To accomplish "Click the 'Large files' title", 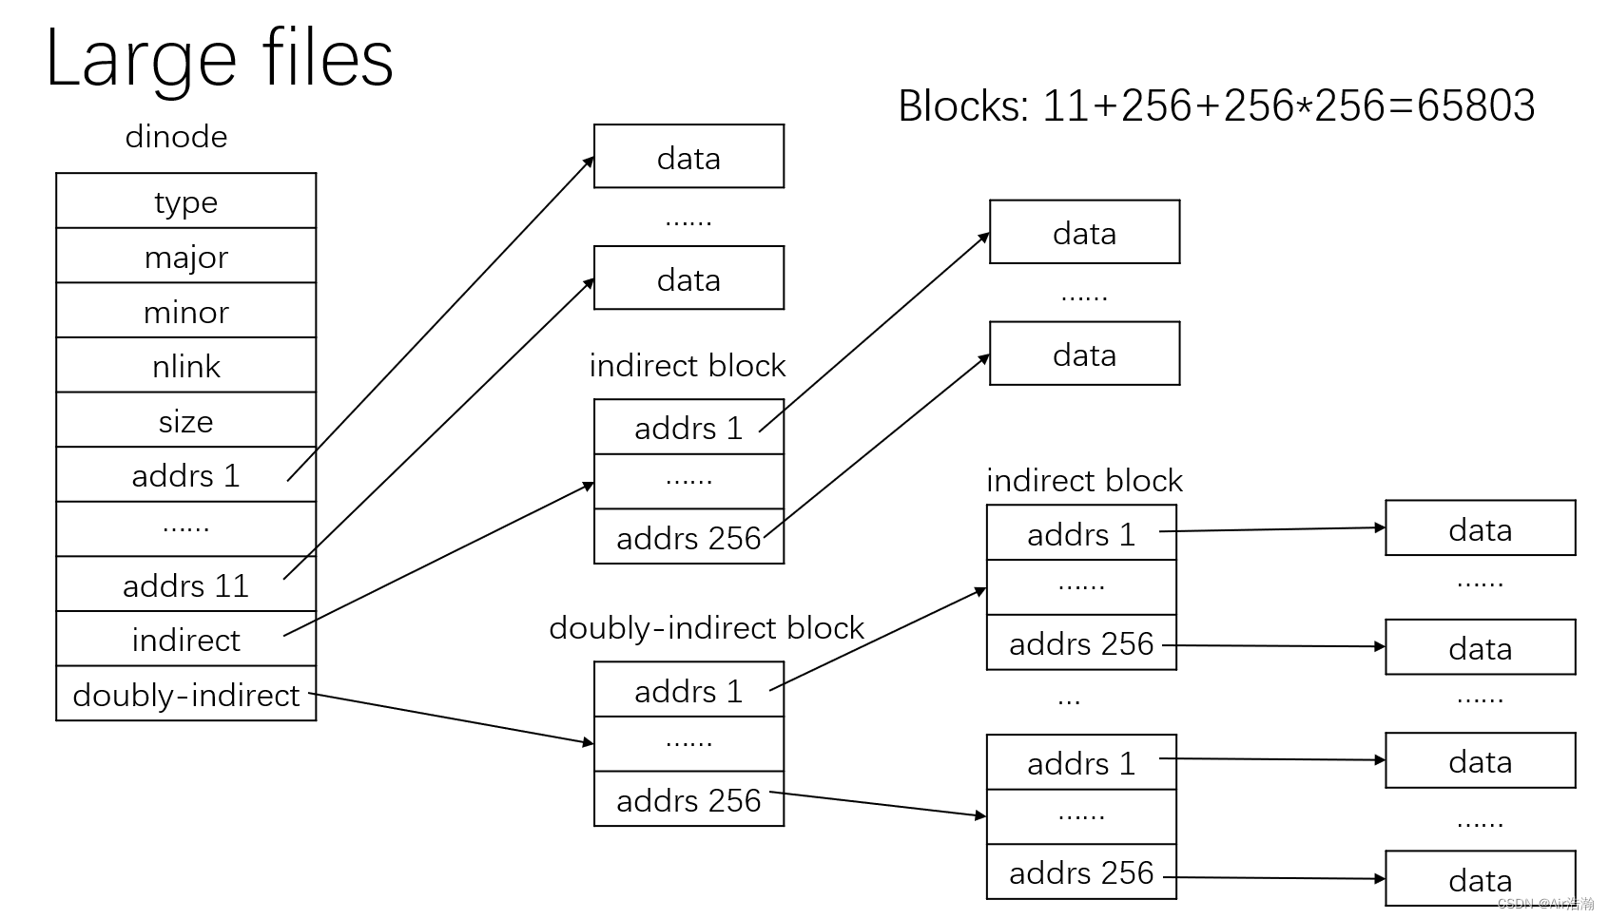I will (219, 59).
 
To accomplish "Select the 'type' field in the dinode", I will (185, 201).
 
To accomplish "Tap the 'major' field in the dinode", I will (185, 257).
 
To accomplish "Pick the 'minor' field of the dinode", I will (185, 312).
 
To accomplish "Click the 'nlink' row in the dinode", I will (185, 366).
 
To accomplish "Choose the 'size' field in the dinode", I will (185, 421).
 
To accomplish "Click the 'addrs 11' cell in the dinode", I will (185, 584).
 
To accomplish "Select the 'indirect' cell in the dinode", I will (185, 640).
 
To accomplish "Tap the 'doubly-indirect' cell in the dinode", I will (185, 695).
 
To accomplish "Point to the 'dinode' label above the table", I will (176, 137).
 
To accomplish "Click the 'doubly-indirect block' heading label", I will (706, 628).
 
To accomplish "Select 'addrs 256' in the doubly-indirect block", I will (688, 800).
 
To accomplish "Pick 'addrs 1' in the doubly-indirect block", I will (688, 691).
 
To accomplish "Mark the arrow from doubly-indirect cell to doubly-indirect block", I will (452, 718).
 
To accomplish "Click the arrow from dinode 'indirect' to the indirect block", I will (437, 560).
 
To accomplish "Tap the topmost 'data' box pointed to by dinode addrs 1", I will (688, 157).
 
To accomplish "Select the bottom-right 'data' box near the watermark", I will (1480, 879).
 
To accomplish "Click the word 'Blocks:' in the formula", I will (963, 105).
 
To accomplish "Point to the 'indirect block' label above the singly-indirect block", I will (687, 366).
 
